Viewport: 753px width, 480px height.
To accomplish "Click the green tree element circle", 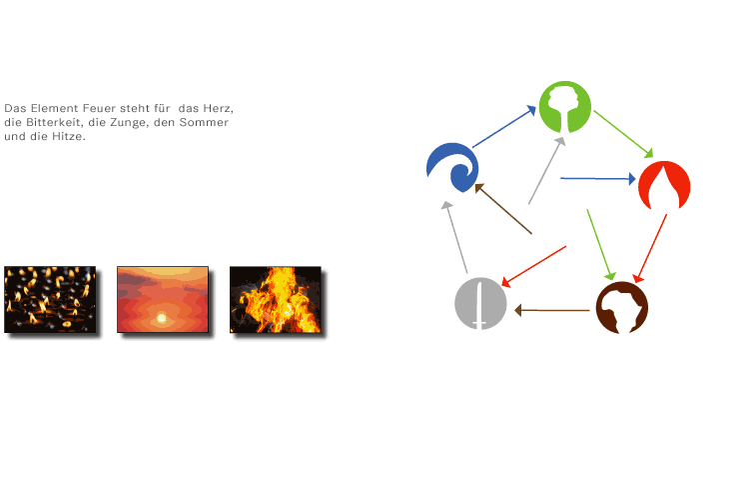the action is (x=565, y=107).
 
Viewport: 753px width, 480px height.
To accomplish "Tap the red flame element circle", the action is (x=664, y=186).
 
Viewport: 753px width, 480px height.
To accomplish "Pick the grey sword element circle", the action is (x=480, y=303).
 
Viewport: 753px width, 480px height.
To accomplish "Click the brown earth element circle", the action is (x=622, y=308).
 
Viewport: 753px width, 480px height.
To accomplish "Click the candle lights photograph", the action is (x=50, y=299).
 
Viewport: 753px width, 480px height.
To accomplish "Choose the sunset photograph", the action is (x=163, y=299).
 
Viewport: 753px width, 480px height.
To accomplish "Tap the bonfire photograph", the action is (x=276, y=299).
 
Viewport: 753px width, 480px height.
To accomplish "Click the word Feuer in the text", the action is (x=100, y=108).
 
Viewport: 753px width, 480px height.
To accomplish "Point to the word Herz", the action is (x=218, y=108).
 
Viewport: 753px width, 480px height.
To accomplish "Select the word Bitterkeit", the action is (x=54, y=122).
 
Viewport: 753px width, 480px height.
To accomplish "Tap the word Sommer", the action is (x=204, y=122).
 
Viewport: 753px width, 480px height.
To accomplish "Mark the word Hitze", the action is (x=68, y=136).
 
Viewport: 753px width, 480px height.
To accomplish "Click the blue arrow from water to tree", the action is (x=504, y=126).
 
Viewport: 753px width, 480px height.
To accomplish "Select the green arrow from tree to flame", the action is (x=623, y=134).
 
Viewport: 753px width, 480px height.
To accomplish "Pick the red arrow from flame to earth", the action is (x=650, y=248).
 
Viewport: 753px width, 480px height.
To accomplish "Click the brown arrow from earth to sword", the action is (x=552, y=310).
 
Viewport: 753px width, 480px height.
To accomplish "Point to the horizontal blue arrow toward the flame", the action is (x=598, y=178).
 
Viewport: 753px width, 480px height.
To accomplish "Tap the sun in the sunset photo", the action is (x=162, y=318).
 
